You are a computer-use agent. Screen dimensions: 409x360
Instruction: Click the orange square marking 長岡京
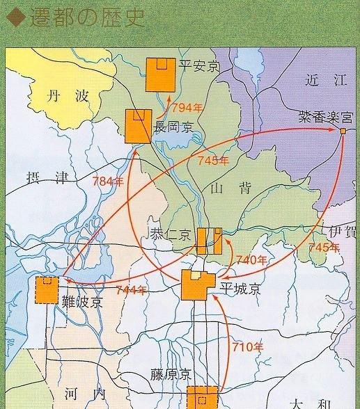[138, 126]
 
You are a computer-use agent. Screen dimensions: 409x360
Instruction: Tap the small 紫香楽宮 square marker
[343, 131]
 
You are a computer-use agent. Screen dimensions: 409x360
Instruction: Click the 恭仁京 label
[171, 235]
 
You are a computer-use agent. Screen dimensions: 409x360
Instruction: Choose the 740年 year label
[251, 260]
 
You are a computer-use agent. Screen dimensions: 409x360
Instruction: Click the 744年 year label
[131, 289]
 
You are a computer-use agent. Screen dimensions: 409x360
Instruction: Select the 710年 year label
[248, 346]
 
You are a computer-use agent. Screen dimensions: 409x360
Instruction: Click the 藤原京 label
[169, 374]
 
